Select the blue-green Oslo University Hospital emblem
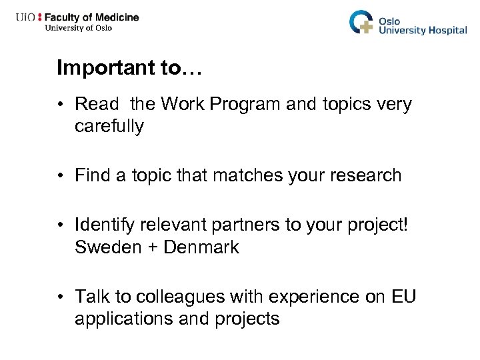362,21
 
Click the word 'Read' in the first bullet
97,105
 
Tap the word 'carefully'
109,126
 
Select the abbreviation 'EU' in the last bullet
403,295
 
